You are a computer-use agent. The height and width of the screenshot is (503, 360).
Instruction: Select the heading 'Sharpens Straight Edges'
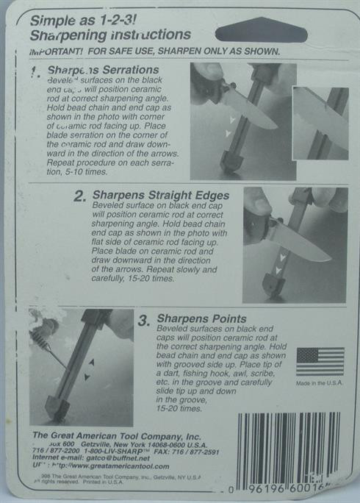(161, 196)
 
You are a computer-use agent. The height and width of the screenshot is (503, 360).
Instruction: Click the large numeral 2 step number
(80, 196)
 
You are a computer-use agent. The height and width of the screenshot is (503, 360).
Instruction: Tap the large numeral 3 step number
(144, 322)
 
